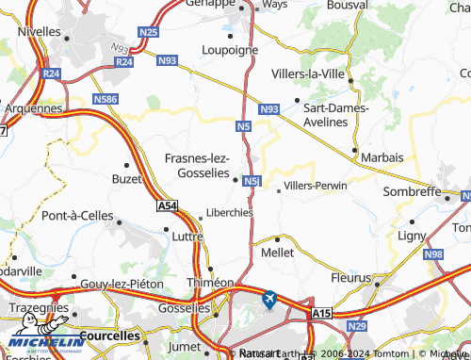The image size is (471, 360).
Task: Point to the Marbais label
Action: tap(382, 156)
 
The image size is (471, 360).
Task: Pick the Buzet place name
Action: tap(126, 178)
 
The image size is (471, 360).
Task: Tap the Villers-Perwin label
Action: tap(316, 186)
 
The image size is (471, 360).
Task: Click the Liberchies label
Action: tap(229, 213)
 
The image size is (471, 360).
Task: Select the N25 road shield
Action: tap(147, 33)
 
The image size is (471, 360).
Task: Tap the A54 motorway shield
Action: tap(167, 205)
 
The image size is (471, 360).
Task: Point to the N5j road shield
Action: tap(251, 181)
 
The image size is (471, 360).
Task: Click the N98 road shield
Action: tap(433, 254)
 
